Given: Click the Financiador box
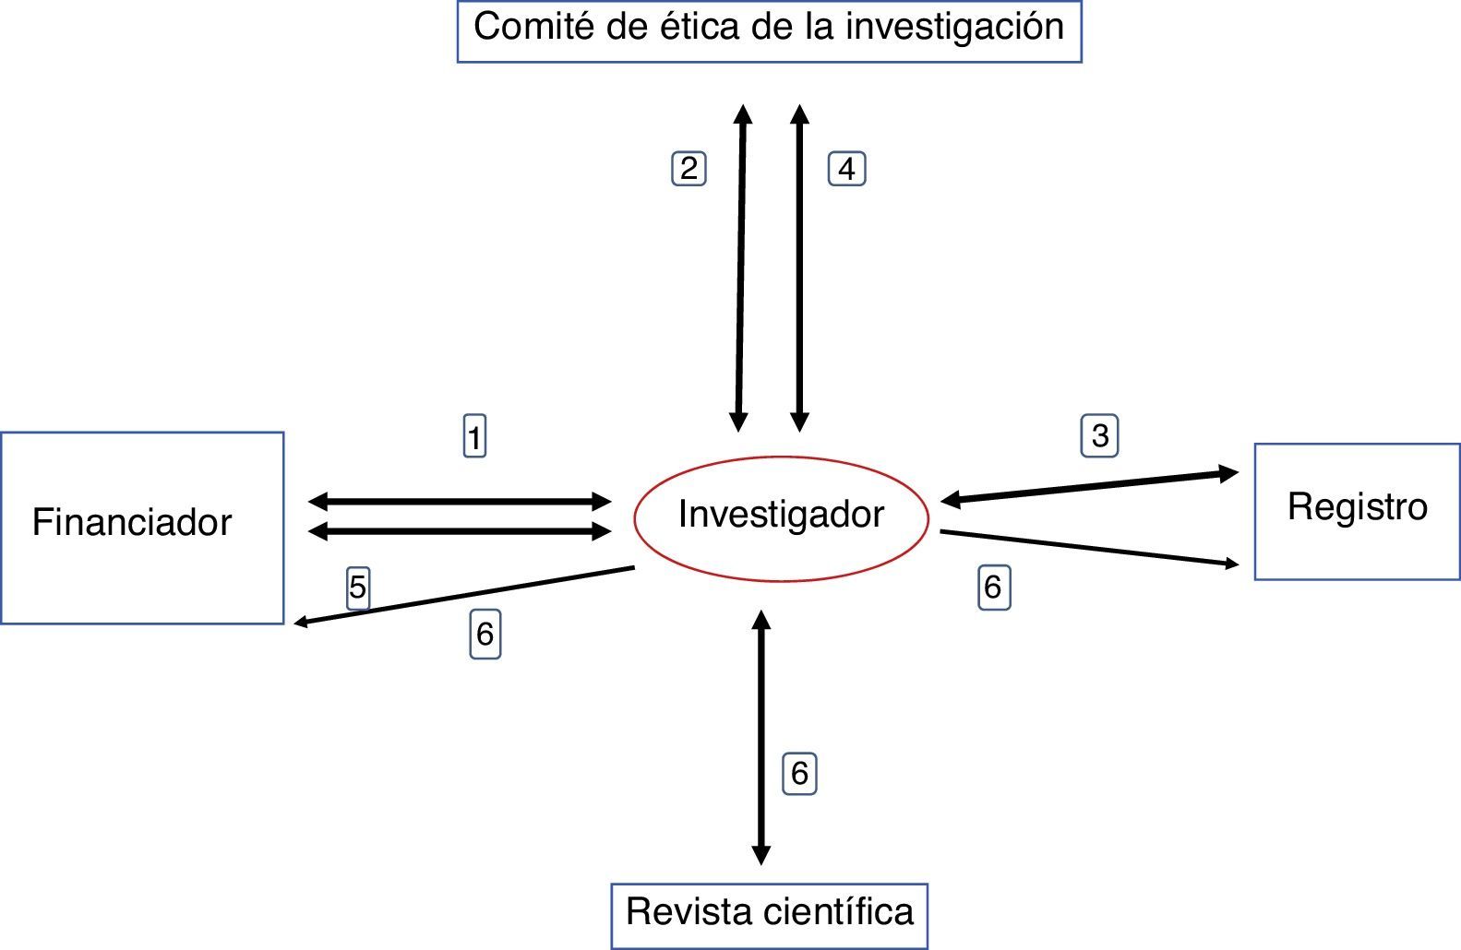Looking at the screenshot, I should point(142,528).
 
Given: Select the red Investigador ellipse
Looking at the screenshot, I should point(781,517).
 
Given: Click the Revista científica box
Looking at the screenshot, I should point(769,915).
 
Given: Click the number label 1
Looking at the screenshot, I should point(474,436).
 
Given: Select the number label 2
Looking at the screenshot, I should point(689,169).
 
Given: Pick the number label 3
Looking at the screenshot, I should point(1099,435).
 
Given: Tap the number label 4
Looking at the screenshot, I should point(846,169).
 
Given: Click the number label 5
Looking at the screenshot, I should point(358,588).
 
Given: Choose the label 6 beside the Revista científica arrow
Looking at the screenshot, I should point(799,773).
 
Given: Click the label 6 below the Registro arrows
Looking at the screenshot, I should point(993,588).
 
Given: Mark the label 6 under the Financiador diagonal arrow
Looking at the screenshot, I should point(485,635).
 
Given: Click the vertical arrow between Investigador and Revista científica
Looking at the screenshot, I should point(761,738).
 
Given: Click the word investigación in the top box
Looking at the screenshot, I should point(954,27).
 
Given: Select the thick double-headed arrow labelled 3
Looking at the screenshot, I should point(1089,487).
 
